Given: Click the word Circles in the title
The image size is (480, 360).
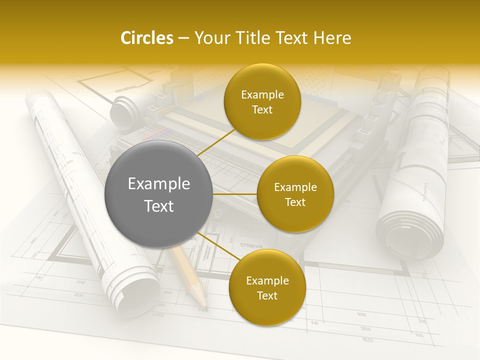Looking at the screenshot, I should [147, 38].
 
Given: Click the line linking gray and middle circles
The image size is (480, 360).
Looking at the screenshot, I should [235, 194].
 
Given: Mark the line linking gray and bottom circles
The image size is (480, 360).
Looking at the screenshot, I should [215, 246].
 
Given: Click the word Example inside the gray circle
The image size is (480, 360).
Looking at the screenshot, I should [159, 184].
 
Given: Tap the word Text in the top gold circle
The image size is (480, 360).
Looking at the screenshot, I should [262, 109].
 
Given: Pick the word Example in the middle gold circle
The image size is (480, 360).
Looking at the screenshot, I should [295, 187].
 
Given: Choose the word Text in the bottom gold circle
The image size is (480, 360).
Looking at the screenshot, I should [267, 295].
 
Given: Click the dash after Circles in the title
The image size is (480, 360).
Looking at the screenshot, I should [183, 38].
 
